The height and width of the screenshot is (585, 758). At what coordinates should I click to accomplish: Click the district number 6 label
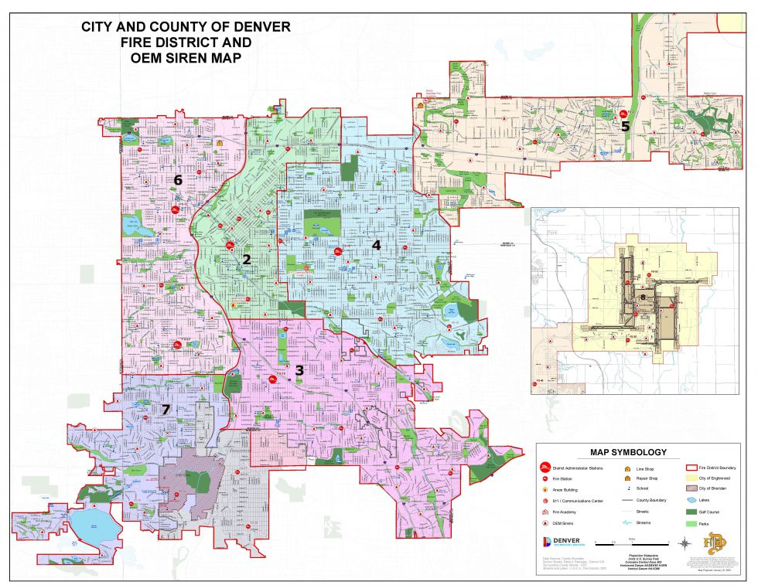click(178, 180)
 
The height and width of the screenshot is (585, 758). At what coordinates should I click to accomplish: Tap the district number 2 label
click(247, 259)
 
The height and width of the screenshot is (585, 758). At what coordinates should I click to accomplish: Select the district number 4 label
click(376, 245)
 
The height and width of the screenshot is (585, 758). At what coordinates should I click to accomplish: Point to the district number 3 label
click(299, 370)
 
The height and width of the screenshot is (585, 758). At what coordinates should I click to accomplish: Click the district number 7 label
click(166, 410)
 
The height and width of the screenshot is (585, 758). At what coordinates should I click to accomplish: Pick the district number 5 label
click(626, 126)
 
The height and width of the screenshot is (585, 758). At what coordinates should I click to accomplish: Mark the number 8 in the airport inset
click(643, 296)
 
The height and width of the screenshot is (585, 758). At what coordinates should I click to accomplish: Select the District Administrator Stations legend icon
click(545, 468)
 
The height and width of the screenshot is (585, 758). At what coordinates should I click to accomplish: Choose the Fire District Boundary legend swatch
click(691, 468)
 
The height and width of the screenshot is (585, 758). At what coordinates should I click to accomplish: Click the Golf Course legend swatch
click(691, 512)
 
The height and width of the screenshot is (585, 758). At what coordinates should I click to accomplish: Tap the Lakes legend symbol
click(691, 501)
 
